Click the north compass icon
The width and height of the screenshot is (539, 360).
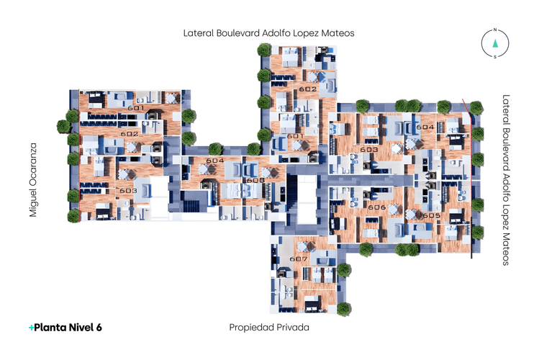coord(495,43)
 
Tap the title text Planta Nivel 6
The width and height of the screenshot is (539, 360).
coord(65,327)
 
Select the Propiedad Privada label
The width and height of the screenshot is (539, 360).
coord(268,327)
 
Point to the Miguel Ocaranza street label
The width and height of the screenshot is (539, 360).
coord(33,180)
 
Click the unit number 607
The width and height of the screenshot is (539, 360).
coord(298,258)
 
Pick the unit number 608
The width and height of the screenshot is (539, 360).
coord(255,180)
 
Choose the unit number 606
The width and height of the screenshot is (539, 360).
coord(376,207)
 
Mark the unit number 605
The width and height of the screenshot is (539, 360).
coord(431,215)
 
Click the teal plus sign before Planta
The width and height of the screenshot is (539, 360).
coord(31,327)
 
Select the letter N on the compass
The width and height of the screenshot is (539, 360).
coord(495,31)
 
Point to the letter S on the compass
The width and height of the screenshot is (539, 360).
coord(495,56)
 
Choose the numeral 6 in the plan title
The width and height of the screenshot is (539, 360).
coord(99,327)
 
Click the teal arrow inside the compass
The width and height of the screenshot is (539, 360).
coord(495,43)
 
